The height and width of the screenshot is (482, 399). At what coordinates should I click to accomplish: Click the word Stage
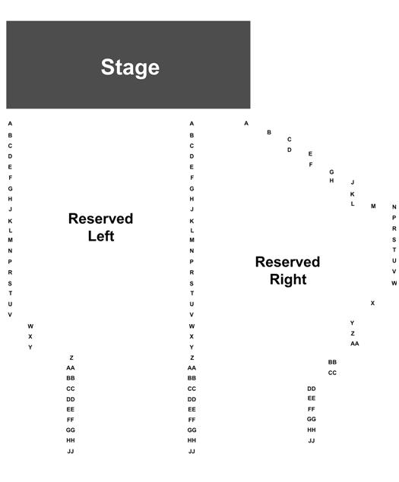[130, 68]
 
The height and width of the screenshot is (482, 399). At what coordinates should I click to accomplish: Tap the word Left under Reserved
[101, 236]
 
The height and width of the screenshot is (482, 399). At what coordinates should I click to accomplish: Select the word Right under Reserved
[288, 280]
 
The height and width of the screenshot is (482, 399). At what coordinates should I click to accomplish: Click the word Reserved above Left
[100, 219]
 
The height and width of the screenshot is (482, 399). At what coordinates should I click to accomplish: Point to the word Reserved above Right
[287, 262]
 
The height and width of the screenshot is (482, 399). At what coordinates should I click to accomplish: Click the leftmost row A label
[10, 124]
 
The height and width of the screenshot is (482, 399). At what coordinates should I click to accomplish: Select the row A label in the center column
[192, 124]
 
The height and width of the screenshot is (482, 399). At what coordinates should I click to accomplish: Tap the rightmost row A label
[246, 123]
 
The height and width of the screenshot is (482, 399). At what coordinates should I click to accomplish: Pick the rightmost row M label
[373, 206]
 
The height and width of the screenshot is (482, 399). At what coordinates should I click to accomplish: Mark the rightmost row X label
[372, 303]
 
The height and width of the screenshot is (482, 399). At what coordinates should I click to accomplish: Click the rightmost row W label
[394, 283]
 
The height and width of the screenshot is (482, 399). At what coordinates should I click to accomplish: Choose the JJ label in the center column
[192, 452]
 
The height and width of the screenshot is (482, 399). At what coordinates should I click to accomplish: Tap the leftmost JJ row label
[71, 452]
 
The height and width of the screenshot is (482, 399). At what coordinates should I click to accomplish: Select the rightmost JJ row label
[312, 441]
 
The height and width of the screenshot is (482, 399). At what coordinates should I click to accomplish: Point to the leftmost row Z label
[71, 358]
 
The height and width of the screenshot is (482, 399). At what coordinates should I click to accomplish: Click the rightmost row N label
[394, 207]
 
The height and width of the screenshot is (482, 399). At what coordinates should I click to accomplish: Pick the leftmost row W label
[30, 326]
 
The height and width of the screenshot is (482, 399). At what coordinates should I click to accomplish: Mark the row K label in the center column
[192, 221]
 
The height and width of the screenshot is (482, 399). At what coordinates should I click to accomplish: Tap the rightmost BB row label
[332, 362]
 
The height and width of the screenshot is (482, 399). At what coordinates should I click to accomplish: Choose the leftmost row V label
[10, 315]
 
